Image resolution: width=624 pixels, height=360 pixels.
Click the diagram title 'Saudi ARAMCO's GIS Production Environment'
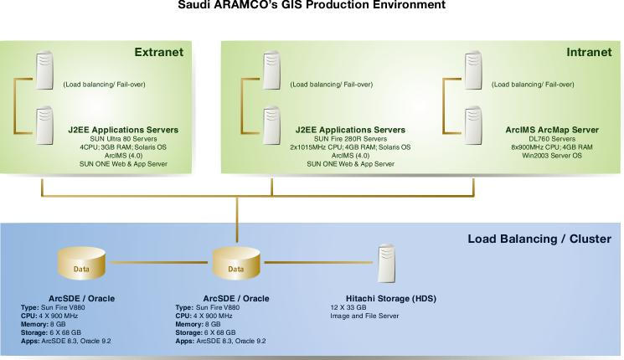tap(312, 5)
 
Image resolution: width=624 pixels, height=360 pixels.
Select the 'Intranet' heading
tap(588, 52)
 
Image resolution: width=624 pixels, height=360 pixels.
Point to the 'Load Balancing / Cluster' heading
tap(539, 239)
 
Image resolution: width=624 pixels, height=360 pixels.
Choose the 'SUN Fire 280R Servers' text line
tap(350, 139)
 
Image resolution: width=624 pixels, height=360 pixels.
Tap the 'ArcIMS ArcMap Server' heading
tap(552, 130)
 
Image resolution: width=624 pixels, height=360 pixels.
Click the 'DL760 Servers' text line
tap(552, 139)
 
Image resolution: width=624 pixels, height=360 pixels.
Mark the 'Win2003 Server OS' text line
tap(552, 156)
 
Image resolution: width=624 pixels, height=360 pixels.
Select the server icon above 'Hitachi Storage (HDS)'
tap(386, 262)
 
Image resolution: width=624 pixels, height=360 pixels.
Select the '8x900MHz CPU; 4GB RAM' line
tap(552, 147)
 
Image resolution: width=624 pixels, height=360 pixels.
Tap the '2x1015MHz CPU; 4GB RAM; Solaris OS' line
tap(350, 147)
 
